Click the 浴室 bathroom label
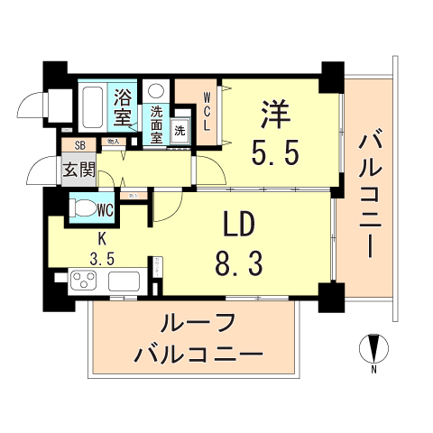(122, 106)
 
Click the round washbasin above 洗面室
(155, 91)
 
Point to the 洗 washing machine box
(180, 131)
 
